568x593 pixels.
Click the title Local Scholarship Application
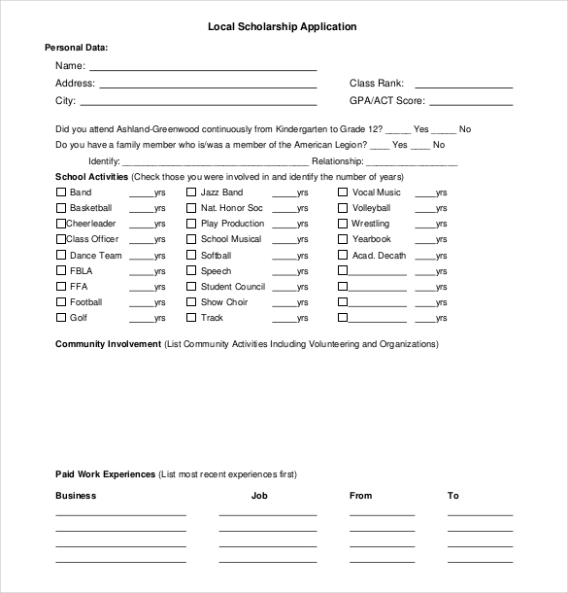click(282, 27)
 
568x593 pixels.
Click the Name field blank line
click(203, 69)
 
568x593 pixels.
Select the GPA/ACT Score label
click(386, 100)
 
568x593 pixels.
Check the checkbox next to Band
click(60, 192)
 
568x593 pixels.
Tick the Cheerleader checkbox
click(60, 224)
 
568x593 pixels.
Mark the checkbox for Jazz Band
click(191, 192)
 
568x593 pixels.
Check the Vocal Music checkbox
click(343, 192)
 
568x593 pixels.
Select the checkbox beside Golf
click(60, 318)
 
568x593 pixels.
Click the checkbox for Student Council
click(191, 287)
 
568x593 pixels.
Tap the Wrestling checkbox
click(343, 224)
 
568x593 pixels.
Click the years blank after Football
click(141, 305)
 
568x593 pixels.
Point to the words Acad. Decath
click(379, 256)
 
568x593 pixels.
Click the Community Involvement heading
click(108, 344)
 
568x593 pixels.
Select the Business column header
click(76, 496)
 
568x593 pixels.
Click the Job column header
click(259, 496)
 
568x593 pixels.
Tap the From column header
click(360, 496)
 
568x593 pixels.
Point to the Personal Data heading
click(77, 48)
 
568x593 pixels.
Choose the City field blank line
click(198, 102)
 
